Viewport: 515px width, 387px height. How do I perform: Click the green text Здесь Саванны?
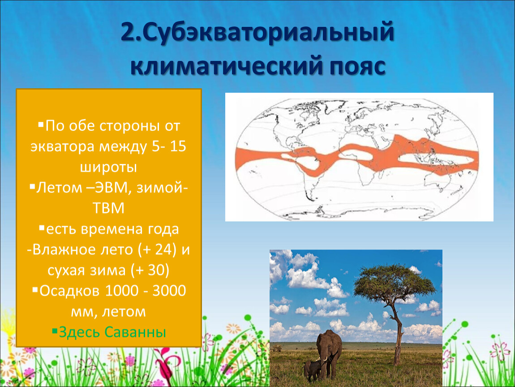click(x=112, y=332)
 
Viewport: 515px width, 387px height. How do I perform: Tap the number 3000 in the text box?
click(x=169, y=291)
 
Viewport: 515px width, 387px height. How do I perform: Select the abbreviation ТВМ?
click(x=108, y=208)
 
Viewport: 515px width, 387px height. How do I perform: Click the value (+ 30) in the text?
click(x=150, y=271)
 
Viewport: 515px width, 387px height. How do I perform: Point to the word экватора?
click(x=62, y=147)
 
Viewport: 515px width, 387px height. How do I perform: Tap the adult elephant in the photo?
click(x=329, y=353)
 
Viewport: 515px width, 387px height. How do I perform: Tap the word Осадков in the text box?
click(x=69, y=291)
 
